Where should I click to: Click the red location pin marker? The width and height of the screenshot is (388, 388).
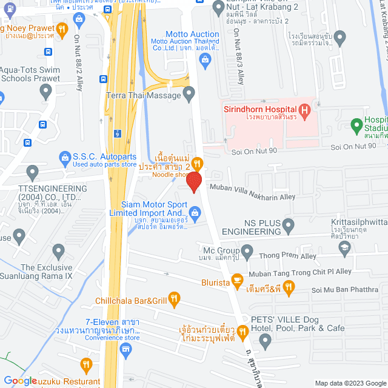[193, 181]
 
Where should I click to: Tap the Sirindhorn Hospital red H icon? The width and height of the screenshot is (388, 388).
[305, 110]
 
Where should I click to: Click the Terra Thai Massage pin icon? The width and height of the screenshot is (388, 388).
[189, 95]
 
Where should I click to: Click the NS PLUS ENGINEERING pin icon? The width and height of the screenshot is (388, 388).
[289, 226]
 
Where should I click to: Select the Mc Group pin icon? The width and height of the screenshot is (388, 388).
[247, 250]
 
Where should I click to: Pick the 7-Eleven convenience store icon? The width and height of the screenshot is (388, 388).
[126, 349]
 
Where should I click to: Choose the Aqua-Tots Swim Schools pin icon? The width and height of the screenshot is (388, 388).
[45, 92]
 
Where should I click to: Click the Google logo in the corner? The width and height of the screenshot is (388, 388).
[21, 381]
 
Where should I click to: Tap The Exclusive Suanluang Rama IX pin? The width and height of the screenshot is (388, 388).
[59, 250]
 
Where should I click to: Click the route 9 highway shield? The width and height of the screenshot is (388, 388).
[116, 132]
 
